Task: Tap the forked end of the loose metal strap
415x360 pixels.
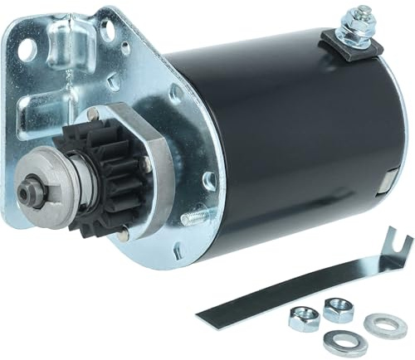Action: coord(397,246)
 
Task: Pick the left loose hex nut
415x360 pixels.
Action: coord(304,318)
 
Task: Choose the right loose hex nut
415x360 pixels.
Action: coord(338,309)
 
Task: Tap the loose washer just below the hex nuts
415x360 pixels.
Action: coord(339,338)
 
